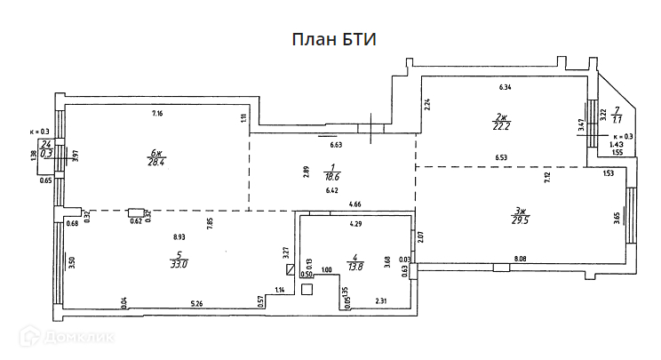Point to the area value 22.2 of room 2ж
501,126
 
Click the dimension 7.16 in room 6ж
157,113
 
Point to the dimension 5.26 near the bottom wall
198,305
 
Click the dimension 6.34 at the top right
506,87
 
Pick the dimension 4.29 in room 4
355,224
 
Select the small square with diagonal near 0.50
290,268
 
